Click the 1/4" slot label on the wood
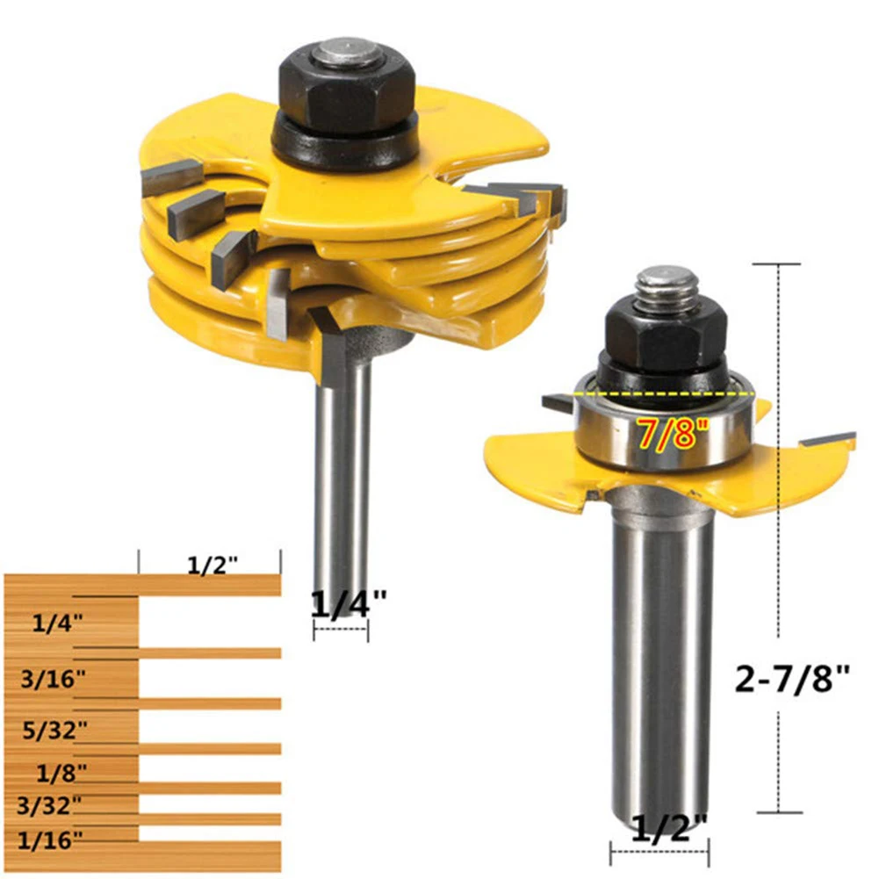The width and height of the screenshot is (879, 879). pos(58,623)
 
